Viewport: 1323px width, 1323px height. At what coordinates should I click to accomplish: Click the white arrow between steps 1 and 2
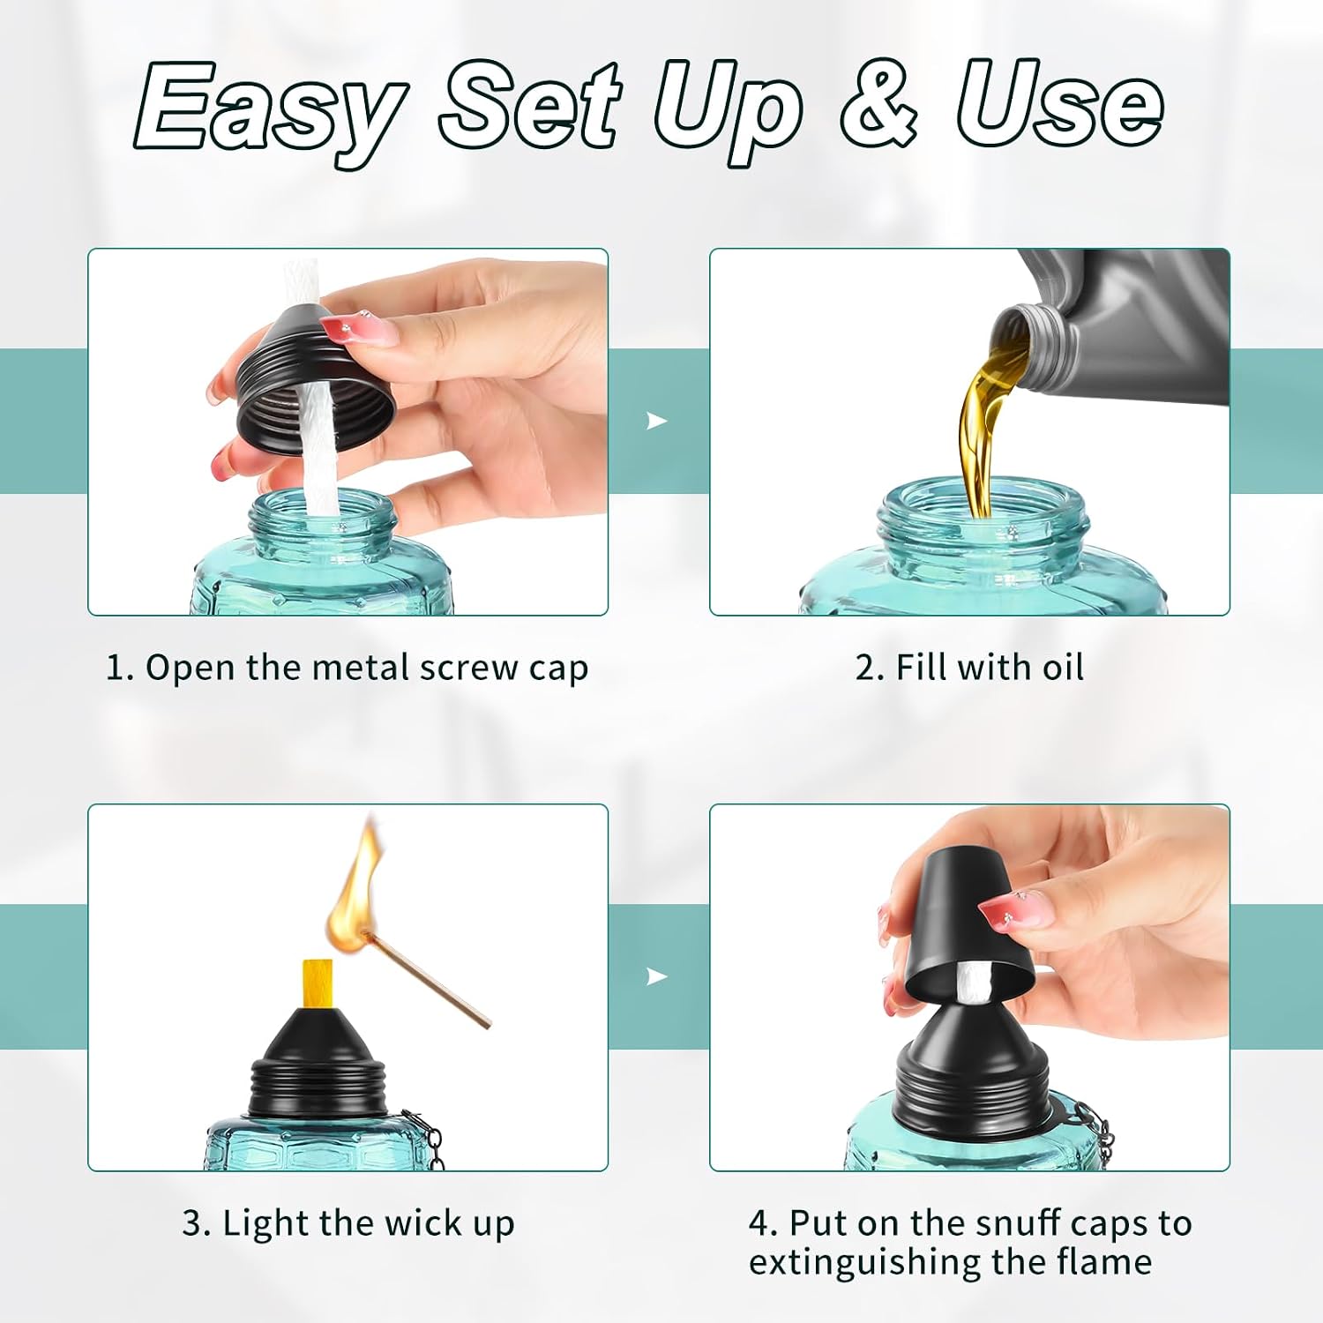pos(656,421)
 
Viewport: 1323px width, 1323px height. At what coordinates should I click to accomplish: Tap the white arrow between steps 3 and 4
pos(656,976)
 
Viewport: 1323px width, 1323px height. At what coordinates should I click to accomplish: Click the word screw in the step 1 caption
pos(469,669)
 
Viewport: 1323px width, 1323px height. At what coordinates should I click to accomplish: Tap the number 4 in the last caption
pos(759,1223)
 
